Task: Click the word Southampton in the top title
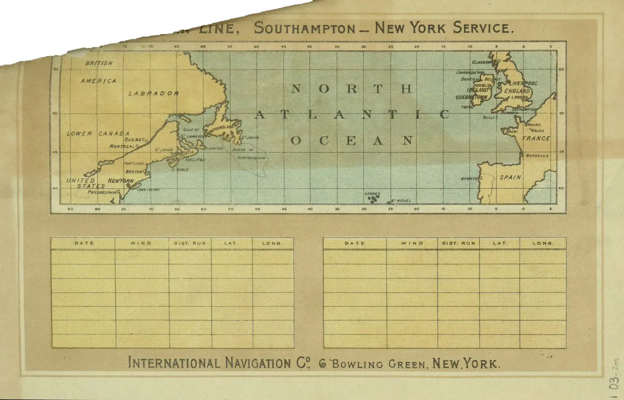(304, 28)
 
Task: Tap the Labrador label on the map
(154, 93)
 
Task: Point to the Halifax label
(195, 160)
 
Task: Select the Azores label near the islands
(372, 194)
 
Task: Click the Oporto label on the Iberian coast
(469, 179)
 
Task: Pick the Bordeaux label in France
(537, 156)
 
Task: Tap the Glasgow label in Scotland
(482, 62)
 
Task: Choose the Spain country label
(510, 177)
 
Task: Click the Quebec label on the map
(134, 140)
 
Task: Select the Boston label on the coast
(134, 172)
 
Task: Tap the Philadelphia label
(102, 192)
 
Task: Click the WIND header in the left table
(141, 243)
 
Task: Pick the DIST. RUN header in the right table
(459, 243)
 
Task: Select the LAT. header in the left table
(231, 243)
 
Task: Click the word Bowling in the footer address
(357, 364)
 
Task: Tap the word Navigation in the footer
(258, 363)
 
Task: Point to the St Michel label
(401, 201)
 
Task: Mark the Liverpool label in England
(523, 83)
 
